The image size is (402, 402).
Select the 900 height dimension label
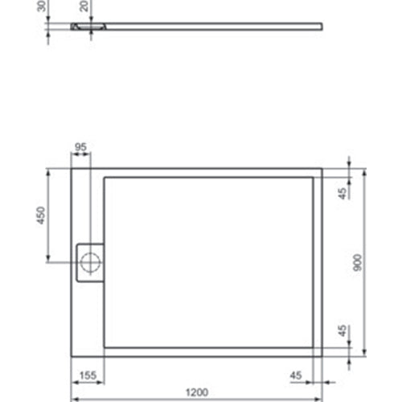coord(359,263)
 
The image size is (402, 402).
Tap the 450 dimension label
coord(42,215)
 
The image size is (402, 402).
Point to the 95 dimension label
coord(80,147)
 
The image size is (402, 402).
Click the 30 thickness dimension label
coord(42,9)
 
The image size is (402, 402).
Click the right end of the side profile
coord(324,27)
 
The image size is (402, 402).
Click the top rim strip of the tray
coord(209,172)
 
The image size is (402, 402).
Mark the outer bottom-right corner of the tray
coord(322,356)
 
